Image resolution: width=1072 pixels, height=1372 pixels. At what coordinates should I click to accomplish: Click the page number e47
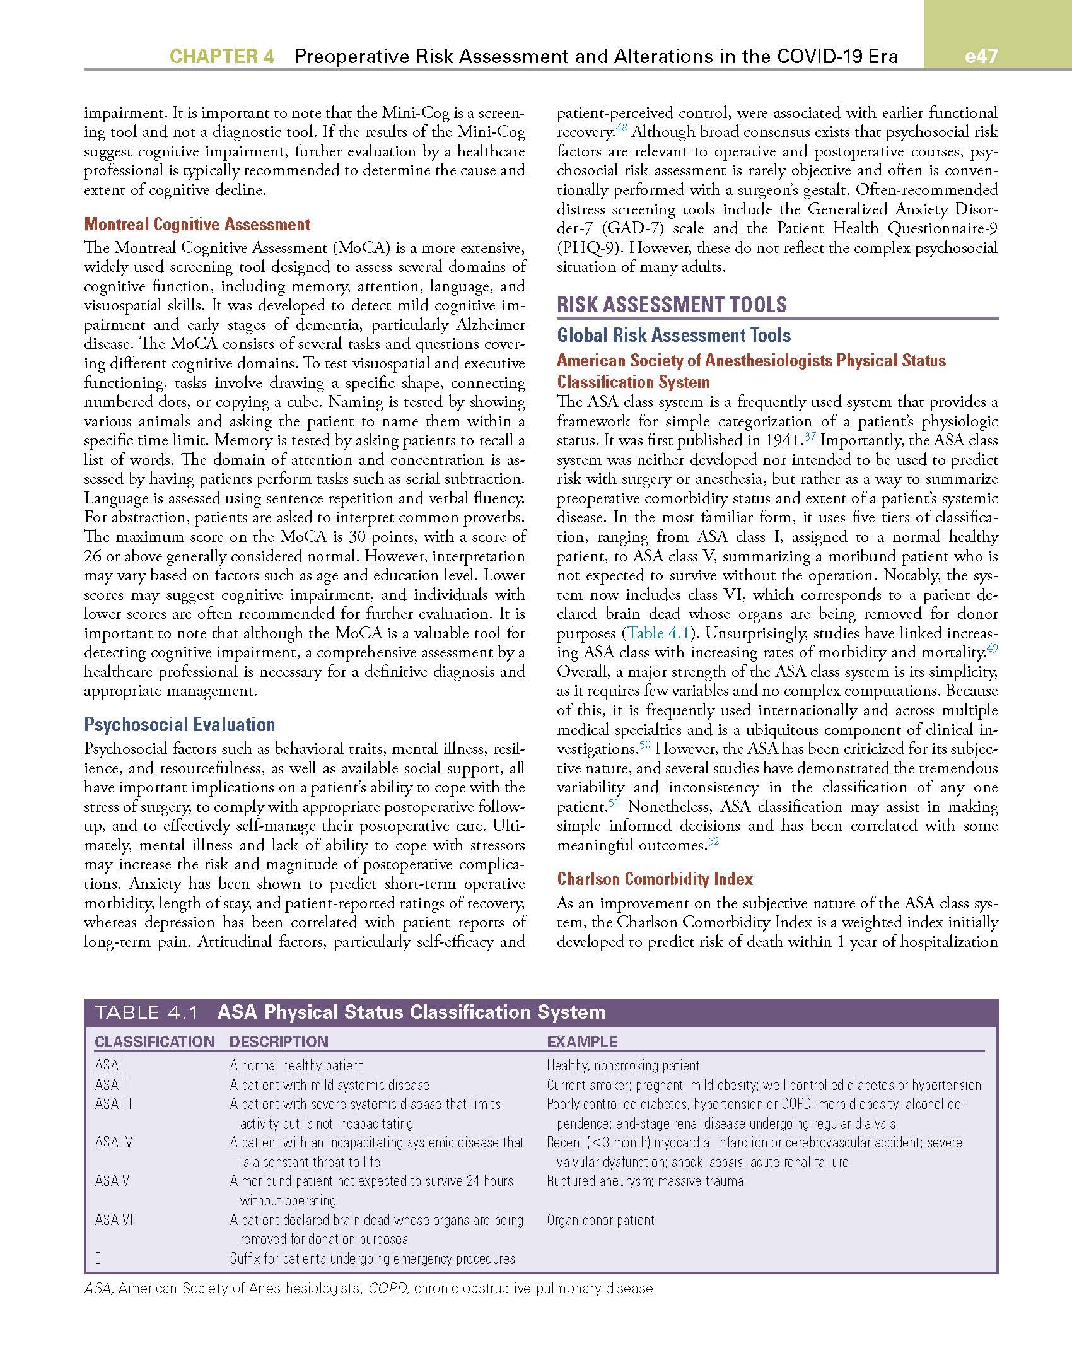tap(981, 56)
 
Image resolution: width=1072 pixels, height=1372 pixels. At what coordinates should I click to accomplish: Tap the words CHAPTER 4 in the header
tap(222, 57)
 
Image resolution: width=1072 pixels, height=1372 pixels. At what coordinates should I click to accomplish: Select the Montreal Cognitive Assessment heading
tap(197, 225)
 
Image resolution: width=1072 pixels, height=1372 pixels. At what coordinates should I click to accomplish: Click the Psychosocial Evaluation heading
tap(180, 724)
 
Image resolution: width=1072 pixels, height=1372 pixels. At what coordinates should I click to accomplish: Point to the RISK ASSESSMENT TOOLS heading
tap(672, 305)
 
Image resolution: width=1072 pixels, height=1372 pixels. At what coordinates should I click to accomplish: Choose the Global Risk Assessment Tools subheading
tap(673, 335)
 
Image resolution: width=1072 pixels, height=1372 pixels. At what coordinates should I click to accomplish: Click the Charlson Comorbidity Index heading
tap(655, 879)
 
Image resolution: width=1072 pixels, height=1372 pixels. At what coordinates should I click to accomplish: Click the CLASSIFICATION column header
tap(154, 1041)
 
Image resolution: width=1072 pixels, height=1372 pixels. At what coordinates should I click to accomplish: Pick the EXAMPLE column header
tap(582, 1041)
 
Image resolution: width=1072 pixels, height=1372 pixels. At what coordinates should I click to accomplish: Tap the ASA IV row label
tap(114, 1142)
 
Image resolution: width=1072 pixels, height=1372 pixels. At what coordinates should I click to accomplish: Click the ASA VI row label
tap(114, 1220)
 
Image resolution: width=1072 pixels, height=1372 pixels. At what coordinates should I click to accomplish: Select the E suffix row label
tap(98, 1258)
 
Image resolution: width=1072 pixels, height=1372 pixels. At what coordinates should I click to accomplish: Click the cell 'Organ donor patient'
tap(600, 1220)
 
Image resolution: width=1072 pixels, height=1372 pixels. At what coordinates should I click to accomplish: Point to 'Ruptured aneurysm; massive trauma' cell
tap(644, 1181)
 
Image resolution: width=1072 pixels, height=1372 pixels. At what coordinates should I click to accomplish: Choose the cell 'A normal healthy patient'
tap(296, 1065)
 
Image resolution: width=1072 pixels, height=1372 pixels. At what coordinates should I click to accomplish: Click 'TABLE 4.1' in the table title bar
tap(146, 1013)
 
